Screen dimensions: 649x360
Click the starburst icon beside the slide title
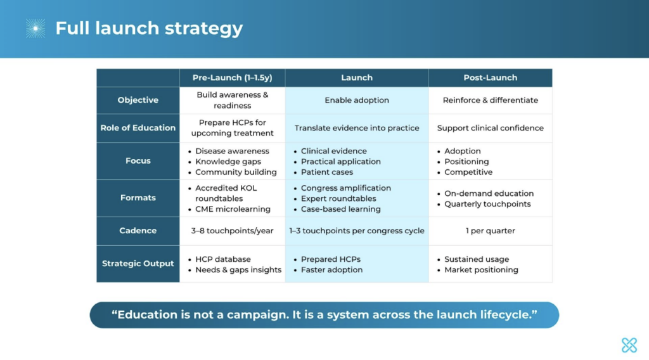tap(35, 28)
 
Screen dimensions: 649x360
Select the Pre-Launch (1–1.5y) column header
tap(232, 78)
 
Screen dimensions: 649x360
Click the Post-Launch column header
tap(490, 78)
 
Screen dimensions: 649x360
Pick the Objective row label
tap(138, 100)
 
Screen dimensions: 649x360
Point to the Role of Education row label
tap(138, 128)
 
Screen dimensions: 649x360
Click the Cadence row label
tap(138, 231)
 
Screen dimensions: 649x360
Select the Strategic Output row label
tap(138, 264)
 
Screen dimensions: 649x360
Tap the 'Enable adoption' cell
tap(357, 100)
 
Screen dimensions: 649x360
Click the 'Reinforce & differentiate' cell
tap(491, 100)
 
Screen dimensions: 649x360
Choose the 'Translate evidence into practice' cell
tap(357, 128)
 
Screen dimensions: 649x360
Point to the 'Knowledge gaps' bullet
tap(228, 162)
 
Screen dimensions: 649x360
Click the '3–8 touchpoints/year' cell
tap(232, 231)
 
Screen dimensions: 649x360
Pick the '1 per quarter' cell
tap(491, 231)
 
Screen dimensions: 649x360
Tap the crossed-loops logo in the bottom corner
tap(629, 345)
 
